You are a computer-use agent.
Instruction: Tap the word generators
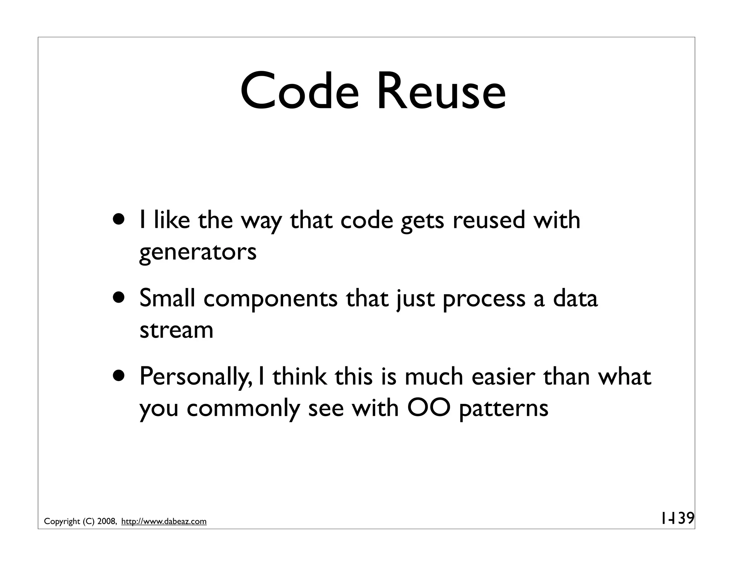click(x=198, y=252)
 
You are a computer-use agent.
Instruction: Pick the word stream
click(x=176, y=330)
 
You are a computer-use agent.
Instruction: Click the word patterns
click(x=503, y=409)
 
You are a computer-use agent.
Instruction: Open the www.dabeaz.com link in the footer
click(x=164, y=522)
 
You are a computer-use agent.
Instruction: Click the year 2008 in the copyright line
click(x=106, y=522)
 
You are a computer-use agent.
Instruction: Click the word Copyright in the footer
click(x=62, y=522)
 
